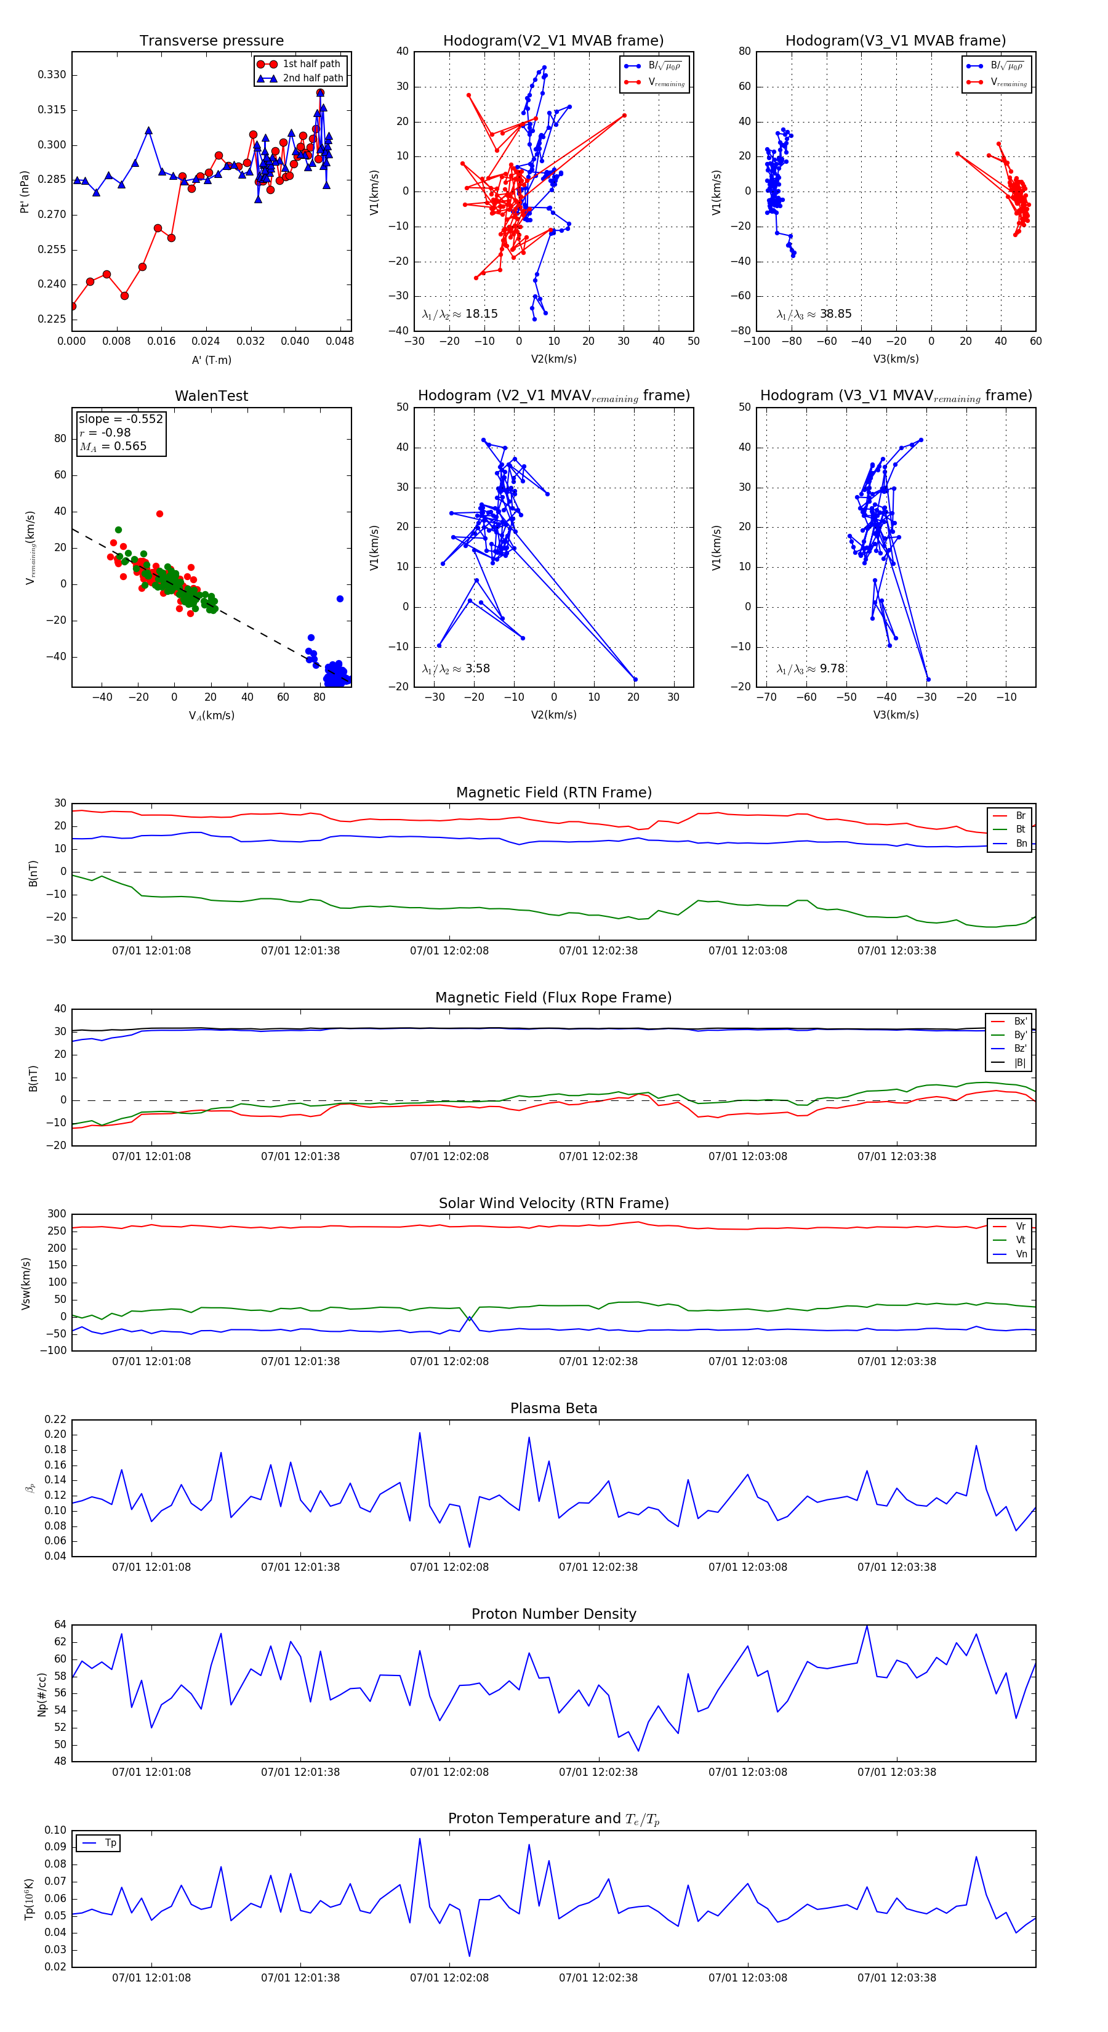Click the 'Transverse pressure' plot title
point(211,41)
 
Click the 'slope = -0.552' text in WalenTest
point(121,419)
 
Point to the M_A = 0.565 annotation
point(113,446)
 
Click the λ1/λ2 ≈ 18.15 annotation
point(460,314)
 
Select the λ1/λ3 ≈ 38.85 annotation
point(814,314)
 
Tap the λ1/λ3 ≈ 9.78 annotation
point(811,669)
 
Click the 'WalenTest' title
point(211,396)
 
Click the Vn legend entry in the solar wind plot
point(1021,1254)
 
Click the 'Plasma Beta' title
point(553,1408)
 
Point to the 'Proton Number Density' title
point(553,1614)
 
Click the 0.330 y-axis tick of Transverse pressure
point(52,75)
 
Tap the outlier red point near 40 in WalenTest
point(159,514)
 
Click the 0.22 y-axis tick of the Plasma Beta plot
point(55,1420)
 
